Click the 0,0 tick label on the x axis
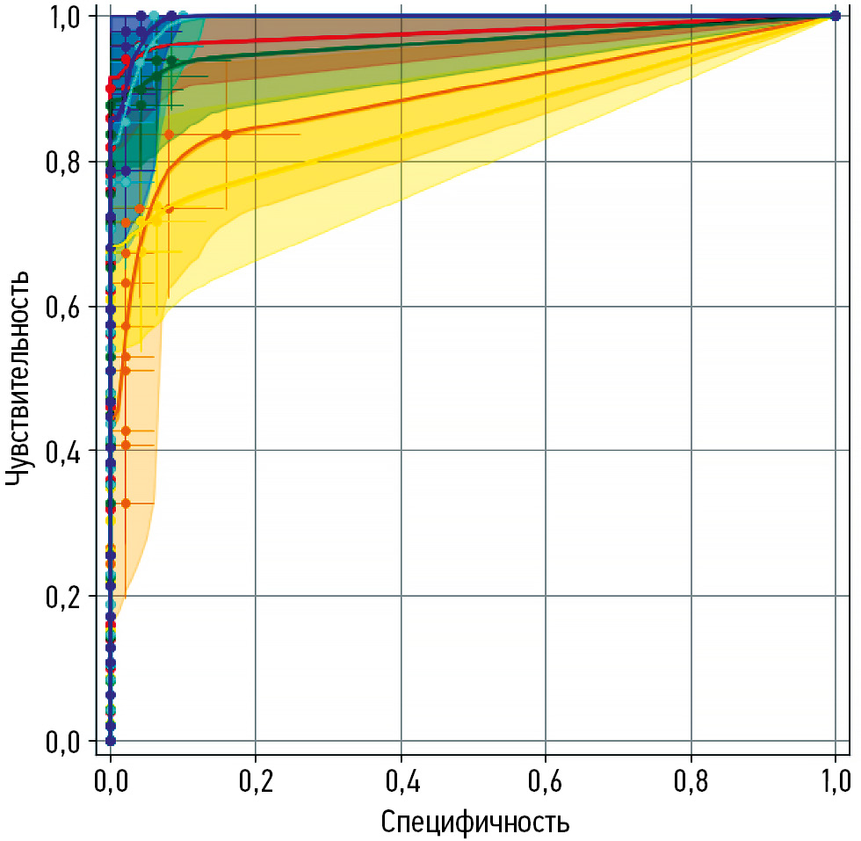[111, 779]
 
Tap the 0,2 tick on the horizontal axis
[256, 779]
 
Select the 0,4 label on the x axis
[401, 779]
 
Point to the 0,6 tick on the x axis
[546, 779]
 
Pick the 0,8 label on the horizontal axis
[691, 779]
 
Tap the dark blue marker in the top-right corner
[836, 16]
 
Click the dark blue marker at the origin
[111, 741]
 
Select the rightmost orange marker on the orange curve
[226, 134]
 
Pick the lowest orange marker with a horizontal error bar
[126, 503]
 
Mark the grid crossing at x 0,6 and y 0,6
[546, 307]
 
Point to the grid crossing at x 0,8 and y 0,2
[691, 596]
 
